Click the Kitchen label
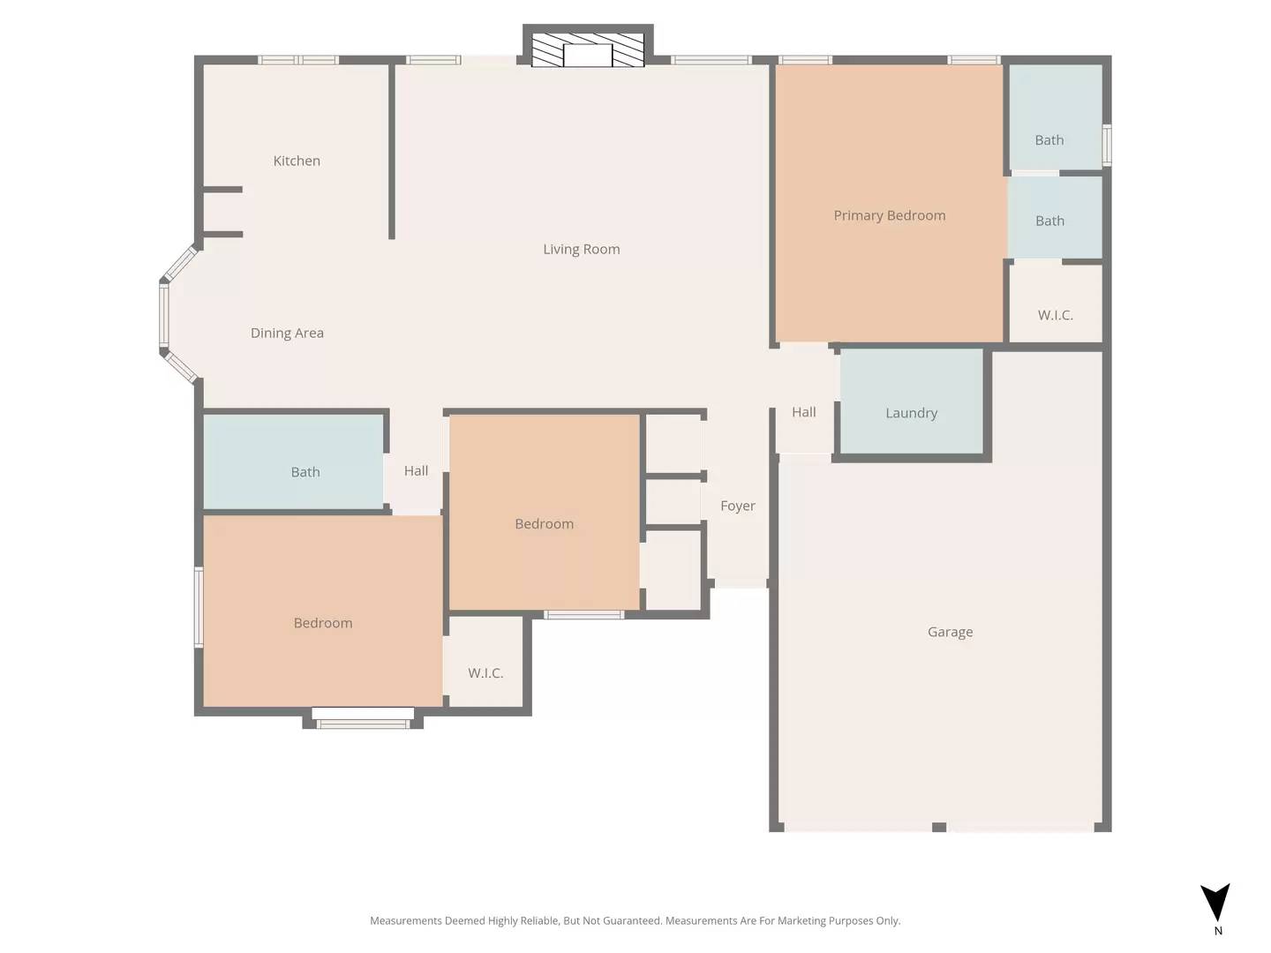click(297, 161)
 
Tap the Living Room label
click(581, 249)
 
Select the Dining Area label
click(287, 333)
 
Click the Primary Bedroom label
click(889, 215)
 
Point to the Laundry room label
click(911, 413)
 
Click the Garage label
click(950, 632)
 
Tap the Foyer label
click(738, 506)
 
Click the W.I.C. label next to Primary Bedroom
click(1056, 315)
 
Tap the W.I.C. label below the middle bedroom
click(485, 673)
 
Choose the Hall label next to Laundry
click(803, 412)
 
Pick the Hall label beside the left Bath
click(416, 471)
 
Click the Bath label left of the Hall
click(305, 472)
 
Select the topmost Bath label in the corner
click(1049, 140)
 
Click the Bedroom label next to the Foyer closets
click(544, 524)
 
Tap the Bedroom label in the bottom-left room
click(323, 623)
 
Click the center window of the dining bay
click(163, 315)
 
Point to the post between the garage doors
click(939, 827)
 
